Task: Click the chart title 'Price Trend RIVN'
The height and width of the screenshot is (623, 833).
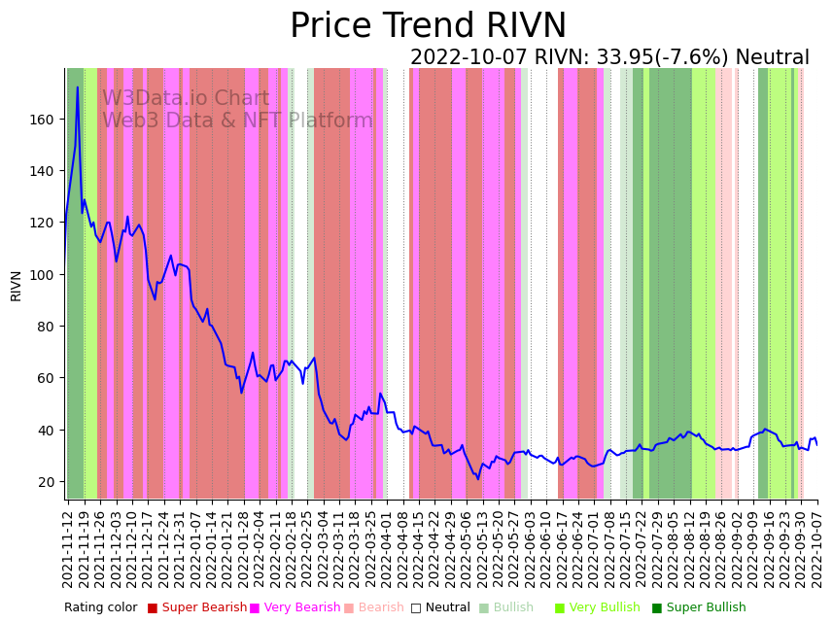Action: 428,26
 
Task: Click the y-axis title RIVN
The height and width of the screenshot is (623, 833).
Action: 17,286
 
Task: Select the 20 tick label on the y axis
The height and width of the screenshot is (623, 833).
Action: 47,482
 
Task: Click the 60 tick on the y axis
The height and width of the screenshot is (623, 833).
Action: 47,378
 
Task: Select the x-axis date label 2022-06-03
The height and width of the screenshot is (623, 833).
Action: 530,549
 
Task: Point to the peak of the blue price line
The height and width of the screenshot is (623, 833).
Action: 78,87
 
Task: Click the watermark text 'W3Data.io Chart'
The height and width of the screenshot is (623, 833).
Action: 186,98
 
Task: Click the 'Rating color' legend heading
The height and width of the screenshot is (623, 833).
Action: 101,607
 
